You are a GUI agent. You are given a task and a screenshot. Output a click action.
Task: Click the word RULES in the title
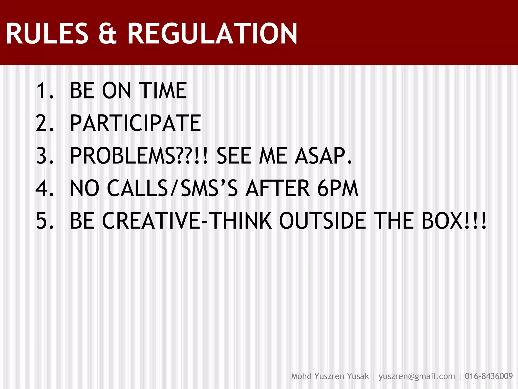click(47, 34)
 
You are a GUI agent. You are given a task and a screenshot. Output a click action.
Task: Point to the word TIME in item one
click(163, 91)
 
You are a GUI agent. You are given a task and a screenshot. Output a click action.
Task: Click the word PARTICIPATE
click(135, 123)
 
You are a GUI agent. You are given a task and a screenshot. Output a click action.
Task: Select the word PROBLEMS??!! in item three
click(139, 155)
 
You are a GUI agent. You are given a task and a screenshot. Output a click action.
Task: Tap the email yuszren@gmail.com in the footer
click(417, 376)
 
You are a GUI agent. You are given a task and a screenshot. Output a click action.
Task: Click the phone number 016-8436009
click(489, 376)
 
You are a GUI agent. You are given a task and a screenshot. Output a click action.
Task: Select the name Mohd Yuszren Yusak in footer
click(330, 376)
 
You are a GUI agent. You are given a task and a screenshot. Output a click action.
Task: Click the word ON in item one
click(117, 91)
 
